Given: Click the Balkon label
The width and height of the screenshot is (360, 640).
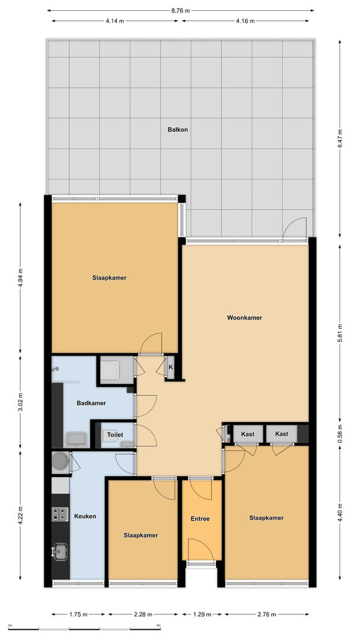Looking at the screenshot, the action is pyautogui.click(x=178, y=130).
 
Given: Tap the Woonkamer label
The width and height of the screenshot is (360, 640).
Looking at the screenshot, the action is pyautogui.click(x=244, y=317).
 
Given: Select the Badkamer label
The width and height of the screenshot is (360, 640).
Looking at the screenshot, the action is pyautogui.click(x=91, y=403).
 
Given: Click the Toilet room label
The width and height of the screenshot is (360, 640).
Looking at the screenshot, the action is pyautogui.click(x=115, y=435).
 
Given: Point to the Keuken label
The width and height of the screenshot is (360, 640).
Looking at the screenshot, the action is pyautogui.click(x=85, y=516).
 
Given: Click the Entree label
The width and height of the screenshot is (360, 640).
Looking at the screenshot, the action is pyautogui.click(x=200, y=519).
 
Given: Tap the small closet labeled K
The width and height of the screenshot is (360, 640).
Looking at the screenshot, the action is pyautogui.click(x=170, y=367).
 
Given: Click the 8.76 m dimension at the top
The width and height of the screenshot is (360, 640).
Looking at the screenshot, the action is pyautogui.click(x=180, y=11).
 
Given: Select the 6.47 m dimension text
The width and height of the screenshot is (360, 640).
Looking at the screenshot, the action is pyautogui.click(x=340, y=139).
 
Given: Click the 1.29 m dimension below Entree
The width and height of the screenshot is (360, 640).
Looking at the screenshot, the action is pyautogui.click(x=202, y=614).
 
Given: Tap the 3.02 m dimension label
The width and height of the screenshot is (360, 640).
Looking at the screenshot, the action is pyautogui.click(x=20, y=402).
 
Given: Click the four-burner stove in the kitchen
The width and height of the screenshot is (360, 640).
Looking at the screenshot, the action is pyautogui.click(x=59, y=514).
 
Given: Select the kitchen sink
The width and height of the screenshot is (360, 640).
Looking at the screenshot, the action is pyautogui.click(x=60, y=551).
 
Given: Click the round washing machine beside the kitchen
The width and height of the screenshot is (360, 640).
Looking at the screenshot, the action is pyautogui.click(x=61, y=461).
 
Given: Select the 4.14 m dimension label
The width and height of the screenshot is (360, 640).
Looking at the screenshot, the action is pyautogui.click(x=115, y=21).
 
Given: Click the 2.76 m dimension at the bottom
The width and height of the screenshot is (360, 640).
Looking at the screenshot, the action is pyautogui.click(x=266, y=614).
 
